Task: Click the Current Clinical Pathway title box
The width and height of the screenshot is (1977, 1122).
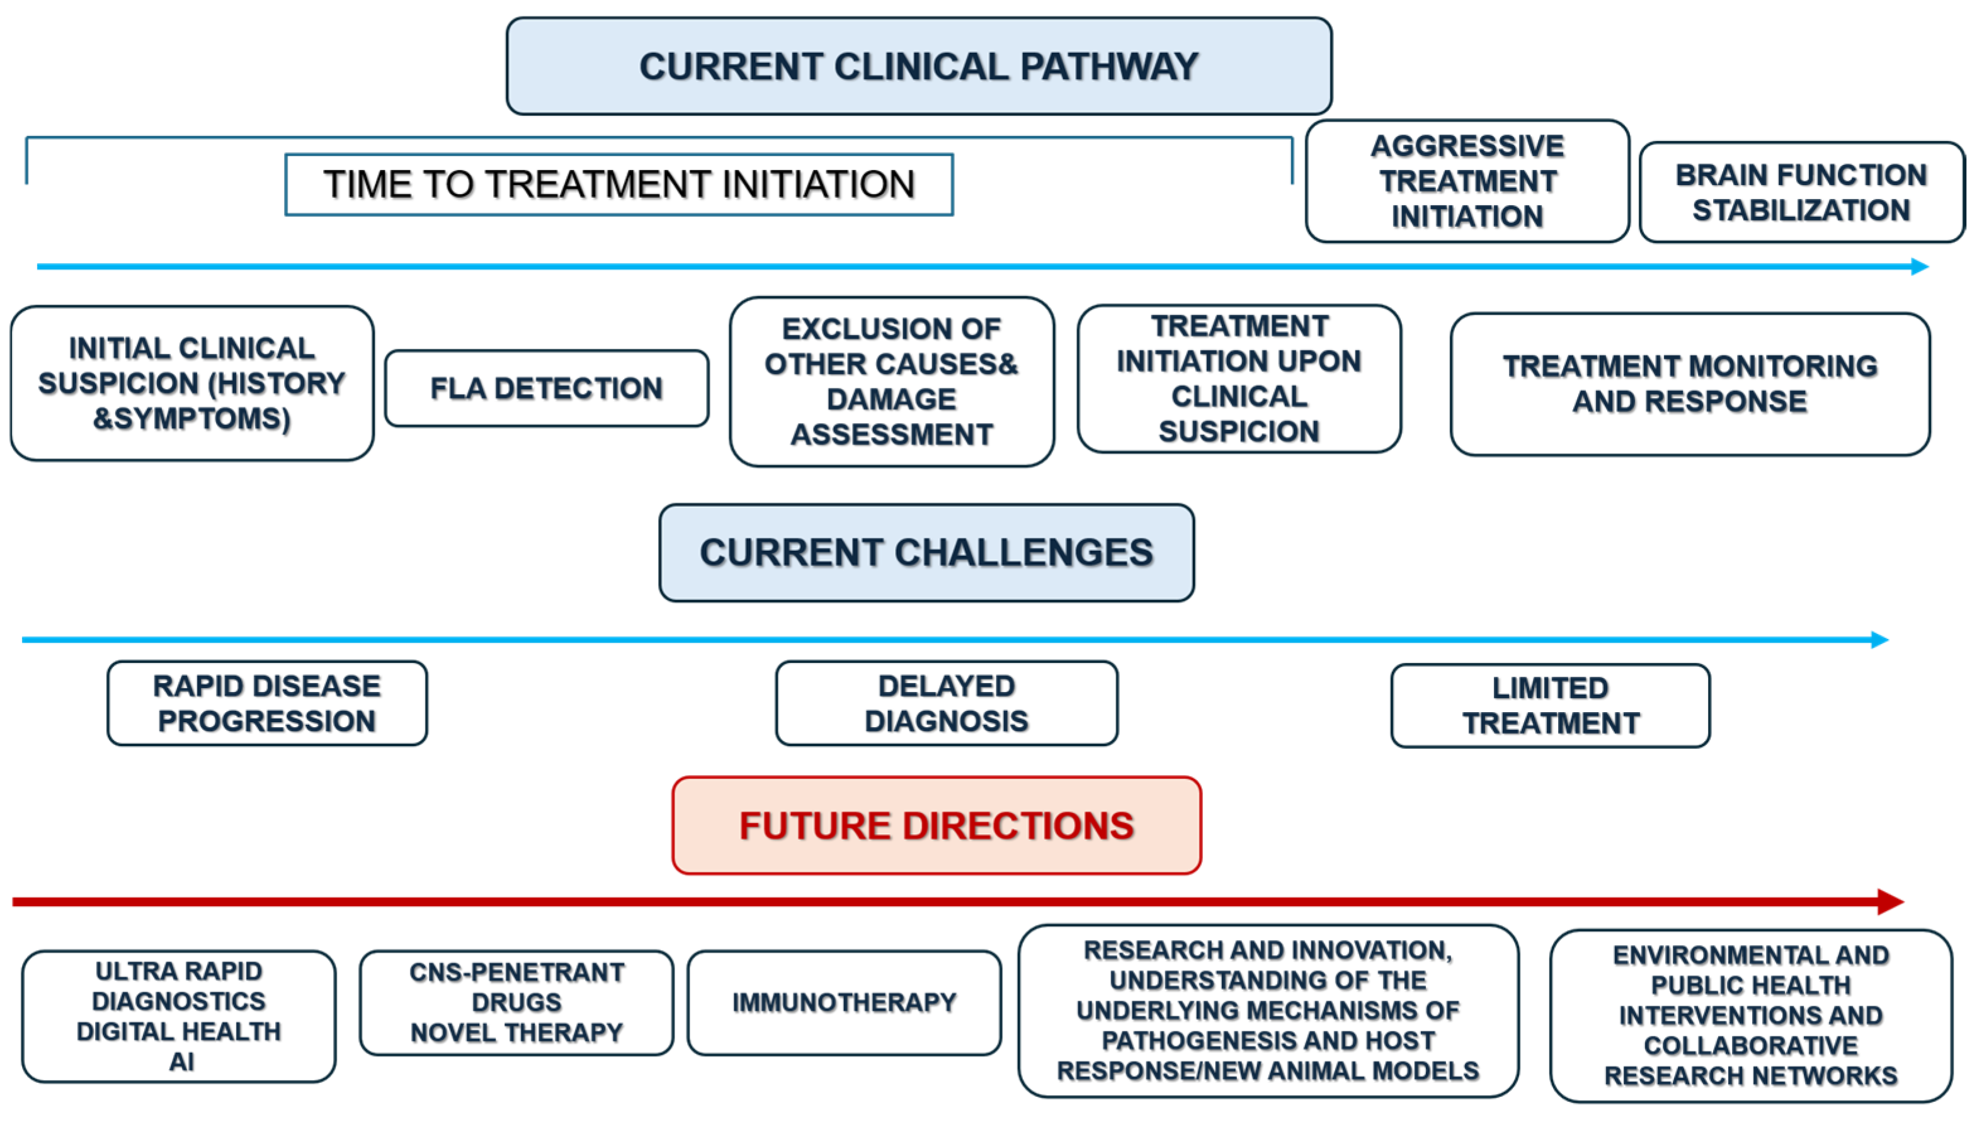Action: point(919,66)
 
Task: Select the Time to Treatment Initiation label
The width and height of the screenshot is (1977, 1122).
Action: point(619,184)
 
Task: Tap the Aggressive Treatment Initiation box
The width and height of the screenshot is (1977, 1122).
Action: point(1467,181)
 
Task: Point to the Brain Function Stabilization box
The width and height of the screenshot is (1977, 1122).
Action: point(1801,192)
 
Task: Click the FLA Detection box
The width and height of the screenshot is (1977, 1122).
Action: point(547,388)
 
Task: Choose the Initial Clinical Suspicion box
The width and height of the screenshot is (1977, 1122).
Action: point(192,383)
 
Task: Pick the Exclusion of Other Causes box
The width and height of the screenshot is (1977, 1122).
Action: point(892,382)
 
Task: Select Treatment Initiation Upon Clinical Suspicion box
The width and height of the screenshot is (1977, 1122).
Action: point(1239,378)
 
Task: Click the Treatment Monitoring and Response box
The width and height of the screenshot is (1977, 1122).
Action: point(1690,384)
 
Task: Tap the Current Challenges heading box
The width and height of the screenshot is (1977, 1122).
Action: point(926,553)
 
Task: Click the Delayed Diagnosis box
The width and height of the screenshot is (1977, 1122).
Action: point(947,703)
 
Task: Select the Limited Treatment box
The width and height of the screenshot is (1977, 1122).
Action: point(1551,705)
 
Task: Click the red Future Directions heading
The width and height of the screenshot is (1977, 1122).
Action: point(937,825)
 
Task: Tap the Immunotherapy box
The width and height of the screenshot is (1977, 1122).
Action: point(844,1002)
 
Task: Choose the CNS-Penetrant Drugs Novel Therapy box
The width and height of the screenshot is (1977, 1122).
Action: point(516,1002)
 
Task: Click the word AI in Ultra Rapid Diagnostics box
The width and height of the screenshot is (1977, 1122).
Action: point(181,1062)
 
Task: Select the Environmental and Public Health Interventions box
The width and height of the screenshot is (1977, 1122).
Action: point(1751,1016)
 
